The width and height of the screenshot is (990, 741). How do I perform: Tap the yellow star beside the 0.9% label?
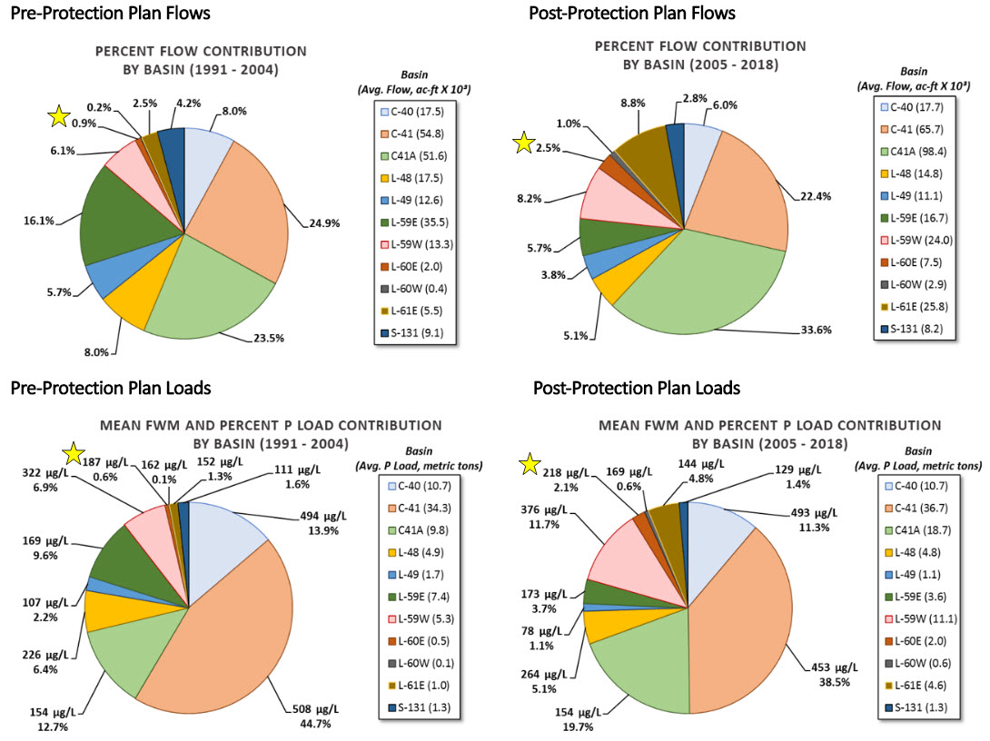pyautogui.click(x=59, y=116)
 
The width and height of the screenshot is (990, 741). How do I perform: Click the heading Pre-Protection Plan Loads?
pyautogui.click(x=110, y=388)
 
